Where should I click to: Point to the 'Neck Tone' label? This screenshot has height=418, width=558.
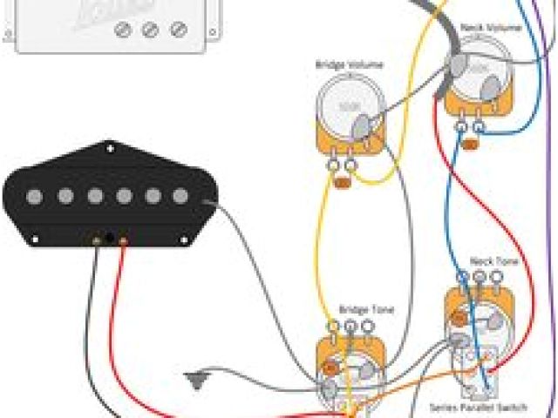pos(487,260)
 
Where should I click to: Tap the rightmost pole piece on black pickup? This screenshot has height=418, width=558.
pos(180,197)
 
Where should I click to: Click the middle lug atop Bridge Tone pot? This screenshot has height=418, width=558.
pos(349,327)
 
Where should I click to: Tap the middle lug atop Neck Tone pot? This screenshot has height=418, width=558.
pos(479,277)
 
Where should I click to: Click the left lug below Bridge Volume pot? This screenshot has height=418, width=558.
pos(334,165)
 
